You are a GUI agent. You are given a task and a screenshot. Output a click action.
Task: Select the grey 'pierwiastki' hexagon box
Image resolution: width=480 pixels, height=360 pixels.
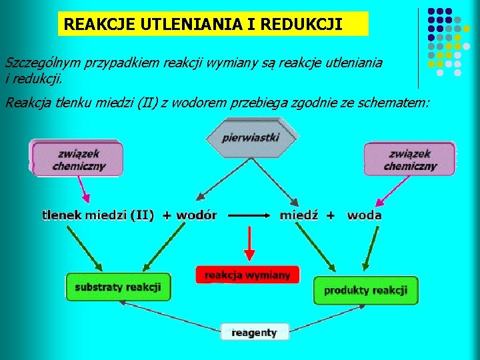(251, 137)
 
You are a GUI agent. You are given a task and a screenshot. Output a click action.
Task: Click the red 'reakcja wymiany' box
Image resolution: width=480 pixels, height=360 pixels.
(247, 275)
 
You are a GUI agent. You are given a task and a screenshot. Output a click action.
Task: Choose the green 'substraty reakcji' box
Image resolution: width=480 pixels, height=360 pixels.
(118, 287)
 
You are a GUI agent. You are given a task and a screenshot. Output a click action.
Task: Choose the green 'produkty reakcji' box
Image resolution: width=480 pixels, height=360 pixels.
(365, 290)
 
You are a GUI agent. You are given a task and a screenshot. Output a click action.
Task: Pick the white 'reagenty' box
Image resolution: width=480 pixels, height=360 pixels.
(254, 332)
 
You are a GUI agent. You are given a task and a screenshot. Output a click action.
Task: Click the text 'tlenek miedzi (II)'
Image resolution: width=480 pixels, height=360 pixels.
(98, 215)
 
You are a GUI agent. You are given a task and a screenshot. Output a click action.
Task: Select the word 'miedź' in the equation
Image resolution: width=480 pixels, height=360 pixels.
(299, 215)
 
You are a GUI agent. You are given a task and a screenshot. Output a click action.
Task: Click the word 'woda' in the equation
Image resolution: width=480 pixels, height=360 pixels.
(365, 215)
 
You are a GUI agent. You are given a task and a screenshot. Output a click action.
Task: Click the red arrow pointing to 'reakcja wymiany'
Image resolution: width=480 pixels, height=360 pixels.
(249, 244)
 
